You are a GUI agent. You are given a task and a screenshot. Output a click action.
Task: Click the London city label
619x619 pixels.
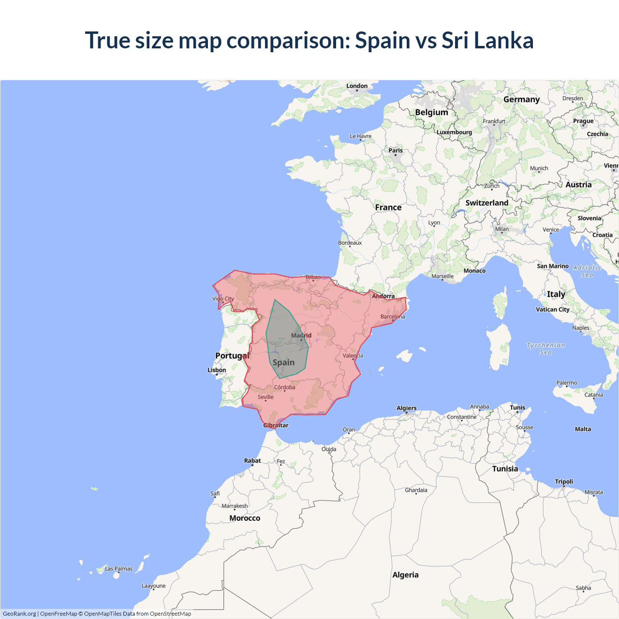[x=357, y=86]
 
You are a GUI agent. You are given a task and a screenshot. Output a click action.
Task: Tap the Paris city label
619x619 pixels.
[x=396, y=150]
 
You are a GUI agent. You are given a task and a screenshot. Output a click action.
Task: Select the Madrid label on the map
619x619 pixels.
[x=301, y=335]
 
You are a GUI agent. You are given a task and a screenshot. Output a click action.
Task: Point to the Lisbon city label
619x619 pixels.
[x=217, y=370]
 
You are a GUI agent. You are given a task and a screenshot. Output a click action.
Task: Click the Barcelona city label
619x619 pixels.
[x=393, y=317]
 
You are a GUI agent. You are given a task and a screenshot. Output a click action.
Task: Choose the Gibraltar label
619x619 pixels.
[x=276, y=426]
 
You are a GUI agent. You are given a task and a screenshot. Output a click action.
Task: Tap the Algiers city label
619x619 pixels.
[x=406, y=408]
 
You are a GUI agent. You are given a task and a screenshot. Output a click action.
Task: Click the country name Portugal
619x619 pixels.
[x=232, y=356]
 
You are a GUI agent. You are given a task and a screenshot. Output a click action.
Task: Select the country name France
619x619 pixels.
[x=388, y=207]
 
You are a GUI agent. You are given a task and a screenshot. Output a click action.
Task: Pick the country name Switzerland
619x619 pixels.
[x=486, y=203]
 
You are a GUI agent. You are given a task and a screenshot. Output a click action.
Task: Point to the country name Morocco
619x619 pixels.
[x=245, y=518]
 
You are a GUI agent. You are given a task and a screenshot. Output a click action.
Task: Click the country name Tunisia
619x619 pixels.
[x=505, y=469]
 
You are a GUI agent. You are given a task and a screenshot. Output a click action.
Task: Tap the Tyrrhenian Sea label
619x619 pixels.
[x=545, y=349]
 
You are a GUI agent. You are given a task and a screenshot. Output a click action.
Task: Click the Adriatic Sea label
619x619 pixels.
[x=587, y=271]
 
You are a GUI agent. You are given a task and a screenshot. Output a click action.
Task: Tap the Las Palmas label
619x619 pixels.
[x=118, y=569]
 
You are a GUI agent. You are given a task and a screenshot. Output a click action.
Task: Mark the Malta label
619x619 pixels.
[x=583, y=429]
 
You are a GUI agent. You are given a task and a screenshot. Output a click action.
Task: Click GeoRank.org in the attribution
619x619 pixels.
[x=19, y=614]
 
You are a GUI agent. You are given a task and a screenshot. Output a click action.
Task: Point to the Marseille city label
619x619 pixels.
[x=442, y=276]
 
